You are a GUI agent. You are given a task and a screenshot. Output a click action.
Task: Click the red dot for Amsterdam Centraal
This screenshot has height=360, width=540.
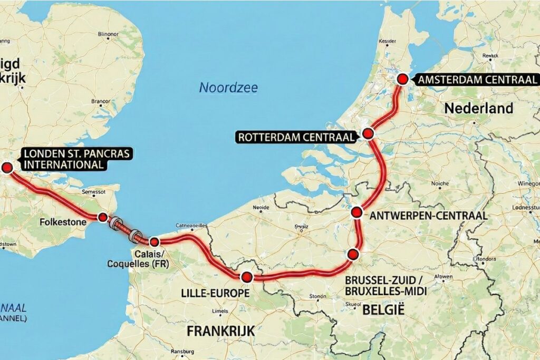click(402, 80)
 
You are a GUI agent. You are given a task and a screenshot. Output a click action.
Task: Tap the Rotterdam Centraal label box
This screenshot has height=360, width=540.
click(296, 137)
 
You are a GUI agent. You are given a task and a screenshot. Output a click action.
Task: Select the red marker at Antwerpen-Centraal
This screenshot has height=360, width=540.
click(356, 213)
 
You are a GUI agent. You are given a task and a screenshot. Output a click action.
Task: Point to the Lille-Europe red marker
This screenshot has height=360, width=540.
click(246, 277)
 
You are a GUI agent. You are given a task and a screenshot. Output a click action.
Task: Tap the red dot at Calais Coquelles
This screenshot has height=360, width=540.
click(154, 242)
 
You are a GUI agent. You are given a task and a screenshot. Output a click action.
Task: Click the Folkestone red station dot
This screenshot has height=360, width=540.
click(103, 217)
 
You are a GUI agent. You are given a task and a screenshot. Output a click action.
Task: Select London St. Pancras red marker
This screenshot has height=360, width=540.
click(7, 168)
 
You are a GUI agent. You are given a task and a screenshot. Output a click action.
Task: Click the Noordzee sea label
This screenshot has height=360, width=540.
click(228, 87)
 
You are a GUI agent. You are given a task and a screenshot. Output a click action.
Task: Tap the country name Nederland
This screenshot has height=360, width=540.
click(478, 109)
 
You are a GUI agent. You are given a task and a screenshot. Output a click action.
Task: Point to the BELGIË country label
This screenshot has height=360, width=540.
click(383, 310)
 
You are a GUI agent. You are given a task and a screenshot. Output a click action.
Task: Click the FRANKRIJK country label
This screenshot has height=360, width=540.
click(221, 331)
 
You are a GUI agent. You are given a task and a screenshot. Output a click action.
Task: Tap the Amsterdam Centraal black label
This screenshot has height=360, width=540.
click(476, 80)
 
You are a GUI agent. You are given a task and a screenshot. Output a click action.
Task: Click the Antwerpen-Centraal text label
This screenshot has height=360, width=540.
click(428, 216)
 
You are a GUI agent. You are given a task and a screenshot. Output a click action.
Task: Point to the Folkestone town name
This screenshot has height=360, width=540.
click(63, 222)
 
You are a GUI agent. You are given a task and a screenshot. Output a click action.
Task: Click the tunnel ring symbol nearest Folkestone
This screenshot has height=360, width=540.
click(115, 223)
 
